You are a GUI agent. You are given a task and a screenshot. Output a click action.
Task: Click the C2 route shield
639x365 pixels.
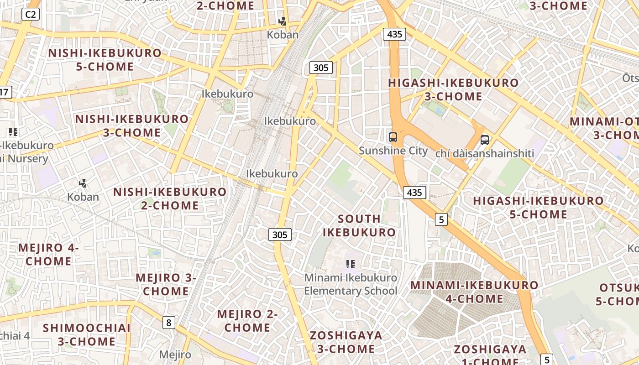coord(31,15)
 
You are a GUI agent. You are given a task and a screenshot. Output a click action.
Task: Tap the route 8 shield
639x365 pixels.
coord(169,323)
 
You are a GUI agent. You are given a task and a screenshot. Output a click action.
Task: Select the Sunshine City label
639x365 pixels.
coord(393,151)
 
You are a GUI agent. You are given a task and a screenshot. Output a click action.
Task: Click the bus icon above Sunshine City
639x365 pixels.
coord(393,137)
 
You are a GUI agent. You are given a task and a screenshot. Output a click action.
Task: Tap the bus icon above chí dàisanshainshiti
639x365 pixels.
coord(485,140)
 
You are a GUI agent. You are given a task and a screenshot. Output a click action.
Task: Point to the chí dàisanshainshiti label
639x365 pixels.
coord(484,153)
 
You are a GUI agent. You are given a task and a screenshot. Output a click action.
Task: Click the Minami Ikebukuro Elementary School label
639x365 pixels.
coord(351,284)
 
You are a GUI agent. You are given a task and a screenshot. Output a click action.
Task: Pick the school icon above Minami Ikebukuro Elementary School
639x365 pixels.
coord(351,264)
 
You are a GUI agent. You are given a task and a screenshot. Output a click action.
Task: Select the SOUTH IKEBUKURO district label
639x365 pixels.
coord(359,225)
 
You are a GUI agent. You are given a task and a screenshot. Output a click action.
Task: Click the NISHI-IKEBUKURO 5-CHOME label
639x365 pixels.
coord(105,60)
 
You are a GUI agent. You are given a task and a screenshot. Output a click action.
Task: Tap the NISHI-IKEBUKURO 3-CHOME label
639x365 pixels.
coord(131,126)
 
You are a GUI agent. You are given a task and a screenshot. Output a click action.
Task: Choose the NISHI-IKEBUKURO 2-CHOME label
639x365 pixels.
coord(170,198)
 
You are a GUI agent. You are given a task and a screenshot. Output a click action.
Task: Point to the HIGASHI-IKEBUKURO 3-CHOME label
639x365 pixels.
coord(453,89)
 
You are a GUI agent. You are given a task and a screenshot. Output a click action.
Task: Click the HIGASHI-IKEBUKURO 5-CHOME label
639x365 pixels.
coord(538,207)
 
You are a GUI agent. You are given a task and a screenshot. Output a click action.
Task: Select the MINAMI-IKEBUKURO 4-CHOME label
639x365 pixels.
coord(474,292)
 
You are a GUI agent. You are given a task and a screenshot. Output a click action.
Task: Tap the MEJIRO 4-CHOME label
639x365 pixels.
coord(48,255)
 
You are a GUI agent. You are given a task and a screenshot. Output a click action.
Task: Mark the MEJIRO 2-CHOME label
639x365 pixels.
coord(247,321)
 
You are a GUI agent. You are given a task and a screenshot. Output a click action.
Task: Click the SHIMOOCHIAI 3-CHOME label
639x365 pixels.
coord(87,334)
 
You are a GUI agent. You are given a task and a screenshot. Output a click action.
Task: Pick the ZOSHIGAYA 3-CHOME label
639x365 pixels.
coord(346,342)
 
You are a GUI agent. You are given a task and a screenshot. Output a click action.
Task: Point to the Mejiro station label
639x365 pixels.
coord(175,355)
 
